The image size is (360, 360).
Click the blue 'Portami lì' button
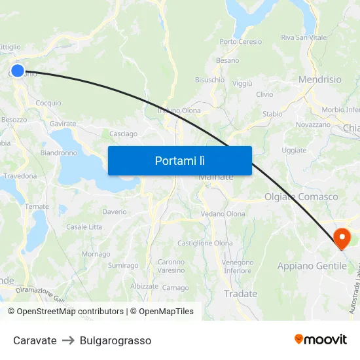coord(179,160)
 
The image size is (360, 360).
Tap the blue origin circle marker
coord(18,71)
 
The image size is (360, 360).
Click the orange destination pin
coord(342,238)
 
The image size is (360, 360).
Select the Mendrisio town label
coord(319,79)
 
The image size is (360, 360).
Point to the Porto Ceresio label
coord(241,42)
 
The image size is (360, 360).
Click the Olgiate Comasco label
coord(301,196)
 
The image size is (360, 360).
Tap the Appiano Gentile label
coord(312,266)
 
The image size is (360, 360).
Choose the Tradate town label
coord(240,294)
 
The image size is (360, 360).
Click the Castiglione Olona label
coord(205,243)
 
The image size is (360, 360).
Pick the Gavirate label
coord(63,123)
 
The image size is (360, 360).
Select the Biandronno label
coord(59,153)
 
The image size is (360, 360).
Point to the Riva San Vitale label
coord(304,38)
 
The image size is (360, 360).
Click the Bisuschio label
coord(209,80)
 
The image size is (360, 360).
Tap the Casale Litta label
coord(84,227)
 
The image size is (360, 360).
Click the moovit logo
coord(321,339)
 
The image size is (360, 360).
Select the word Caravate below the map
coord(35,340)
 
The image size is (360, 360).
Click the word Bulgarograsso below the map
coord(115,340)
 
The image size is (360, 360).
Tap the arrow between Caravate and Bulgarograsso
coord(68,340)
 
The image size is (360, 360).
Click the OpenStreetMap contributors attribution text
coord(70,312)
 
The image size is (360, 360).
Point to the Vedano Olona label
coord(223,214)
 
